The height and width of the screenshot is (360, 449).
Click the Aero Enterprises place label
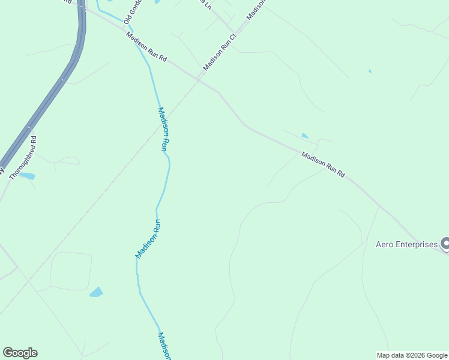tap(406, 244)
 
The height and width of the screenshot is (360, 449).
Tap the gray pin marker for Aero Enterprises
tap(445, 244)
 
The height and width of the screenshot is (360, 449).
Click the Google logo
tap(20, 353)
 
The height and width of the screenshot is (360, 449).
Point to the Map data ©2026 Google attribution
tap(412, 355)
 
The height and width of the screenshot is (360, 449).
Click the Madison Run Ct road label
tap(220, 52)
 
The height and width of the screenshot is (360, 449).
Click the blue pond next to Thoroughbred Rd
tap(27, 176)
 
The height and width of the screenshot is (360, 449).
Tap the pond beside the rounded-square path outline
tap(96, 292)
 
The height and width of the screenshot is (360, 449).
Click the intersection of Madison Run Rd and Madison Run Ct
tap(199, 79)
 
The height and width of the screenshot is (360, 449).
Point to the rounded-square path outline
tap(71, 271)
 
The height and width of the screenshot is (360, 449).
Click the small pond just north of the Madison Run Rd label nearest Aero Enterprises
tap(305, 136)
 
